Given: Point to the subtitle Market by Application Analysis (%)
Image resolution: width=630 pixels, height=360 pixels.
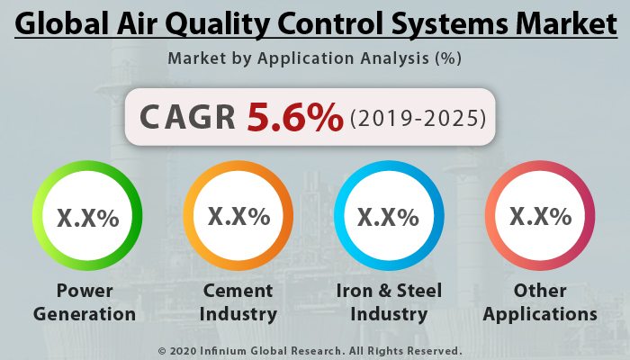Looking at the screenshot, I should pos(314,59).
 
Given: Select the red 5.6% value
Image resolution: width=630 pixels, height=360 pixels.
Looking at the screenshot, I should pos(295,116).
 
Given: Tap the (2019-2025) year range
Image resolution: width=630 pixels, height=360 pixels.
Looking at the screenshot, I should pos(418,117).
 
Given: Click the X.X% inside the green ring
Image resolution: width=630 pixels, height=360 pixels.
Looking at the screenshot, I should pos(87,217).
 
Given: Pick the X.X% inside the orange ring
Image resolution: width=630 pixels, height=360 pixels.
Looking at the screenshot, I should pos(238,216).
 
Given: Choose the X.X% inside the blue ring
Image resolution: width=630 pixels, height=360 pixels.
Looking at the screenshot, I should pos(388,217).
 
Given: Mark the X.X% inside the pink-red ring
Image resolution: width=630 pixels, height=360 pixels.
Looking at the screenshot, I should pos(540,216).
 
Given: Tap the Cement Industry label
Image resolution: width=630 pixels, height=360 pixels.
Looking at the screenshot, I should pos(238,302).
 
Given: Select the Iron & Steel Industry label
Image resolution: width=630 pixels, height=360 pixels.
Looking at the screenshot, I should pos(388,302).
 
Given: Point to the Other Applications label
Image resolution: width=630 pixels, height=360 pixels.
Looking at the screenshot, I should pos(540,302).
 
